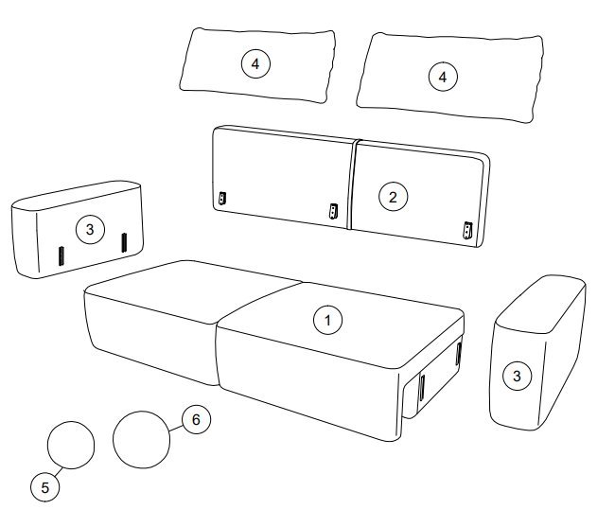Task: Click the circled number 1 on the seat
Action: tap(327, 321)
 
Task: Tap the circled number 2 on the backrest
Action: tap(393, 197)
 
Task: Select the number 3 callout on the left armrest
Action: tap(90, 229)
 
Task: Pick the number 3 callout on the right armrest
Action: tap(517, 376)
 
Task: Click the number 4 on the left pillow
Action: tap(255, 63)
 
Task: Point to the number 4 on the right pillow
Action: tap(443, 77)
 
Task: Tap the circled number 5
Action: tap(45, 487)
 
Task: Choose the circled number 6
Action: tap(196, 419)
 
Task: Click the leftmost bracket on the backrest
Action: tap(222, 198)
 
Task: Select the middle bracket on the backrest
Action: tap(333, 212)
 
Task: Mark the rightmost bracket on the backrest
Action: tap(467, 231)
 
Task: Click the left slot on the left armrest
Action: tap(61, 256)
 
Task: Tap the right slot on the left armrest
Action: tap(124, 243)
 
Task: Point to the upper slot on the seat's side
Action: tap(458, 354)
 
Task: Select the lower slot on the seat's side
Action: tap(422, 387)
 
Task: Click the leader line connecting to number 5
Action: tap(58, 472)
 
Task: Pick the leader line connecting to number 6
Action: tap(176, 428)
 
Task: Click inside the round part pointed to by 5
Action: tap(71, 445)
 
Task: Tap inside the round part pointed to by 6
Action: tap(141, 439)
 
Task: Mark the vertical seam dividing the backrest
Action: tap(352, 184)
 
